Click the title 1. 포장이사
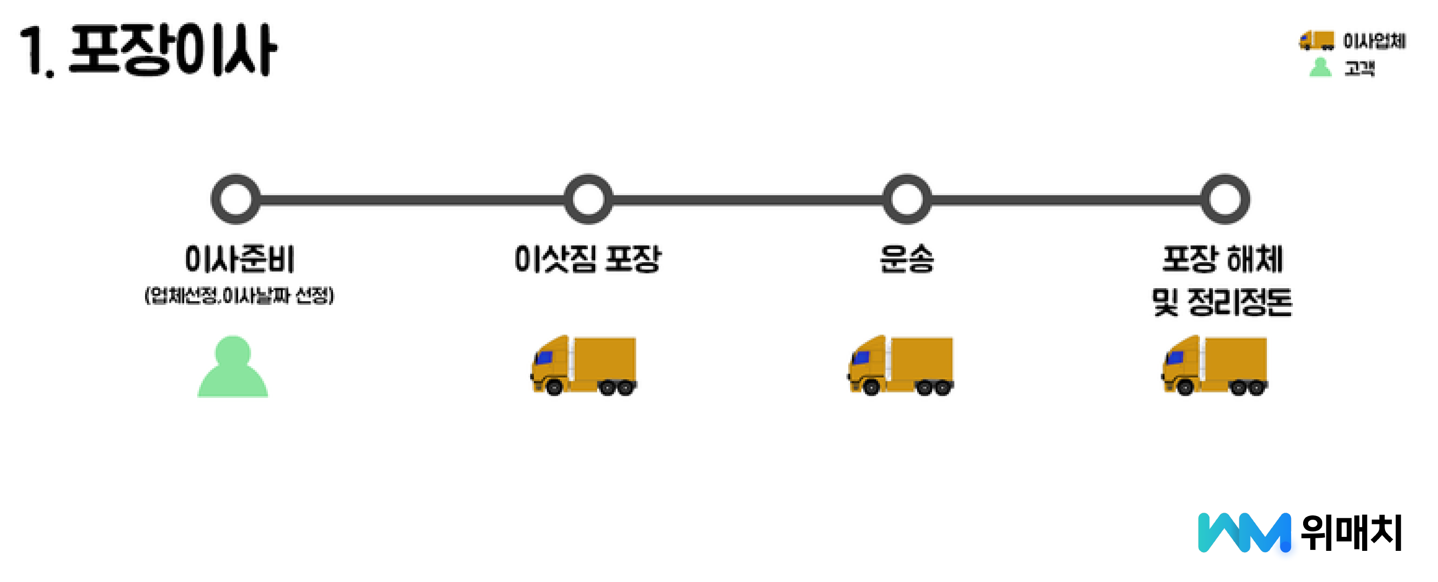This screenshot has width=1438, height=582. pos(148,50)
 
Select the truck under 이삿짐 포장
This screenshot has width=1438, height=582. pos(583,365)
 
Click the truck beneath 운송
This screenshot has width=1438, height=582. pos(900,365)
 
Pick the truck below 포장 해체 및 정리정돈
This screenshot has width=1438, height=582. pos(1214,365)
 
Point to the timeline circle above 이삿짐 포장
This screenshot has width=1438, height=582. pos(588,199)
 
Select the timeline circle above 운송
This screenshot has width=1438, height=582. pos(906,199)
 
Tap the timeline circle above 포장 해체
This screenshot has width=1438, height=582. pos(1225,199)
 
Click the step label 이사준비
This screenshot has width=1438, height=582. pos(240,259)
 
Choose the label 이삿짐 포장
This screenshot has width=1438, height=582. pos(588,259)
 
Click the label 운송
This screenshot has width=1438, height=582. pos(906,259)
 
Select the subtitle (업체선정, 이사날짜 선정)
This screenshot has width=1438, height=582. pos(240,295)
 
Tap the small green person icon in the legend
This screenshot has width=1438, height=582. pos(1320,67)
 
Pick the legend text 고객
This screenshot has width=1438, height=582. pos(1359,68)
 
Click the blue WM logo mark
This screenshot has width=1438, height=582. pos(1244,532)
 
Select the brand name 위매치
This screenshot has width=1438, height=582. pos(1351,532)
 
